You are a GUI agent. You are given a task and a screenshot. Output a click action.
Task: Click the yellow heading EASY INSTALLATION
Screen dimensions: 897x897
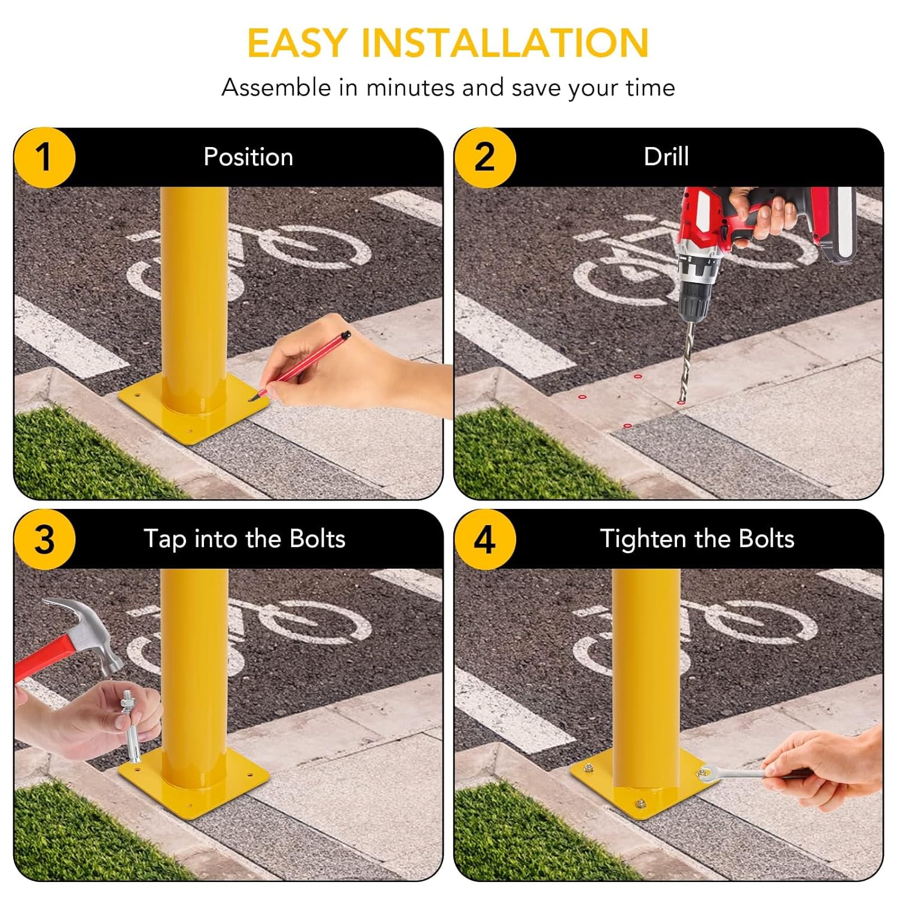tap(448, 42)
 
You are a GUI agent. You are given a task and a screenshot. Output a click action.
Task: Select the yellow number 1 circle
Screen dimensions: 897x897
tap(44, 157)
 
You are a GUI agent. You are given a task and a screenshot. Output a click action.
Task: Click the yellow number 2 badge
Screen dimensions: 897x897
tap(484, 157)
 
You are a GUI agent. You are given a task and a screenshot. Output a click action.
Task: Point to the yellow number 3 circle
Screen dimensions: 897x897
tap(44, 539)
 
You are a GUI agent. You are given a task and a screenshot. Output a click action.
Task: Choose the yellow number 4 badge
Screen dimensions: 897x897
tap(484, 539)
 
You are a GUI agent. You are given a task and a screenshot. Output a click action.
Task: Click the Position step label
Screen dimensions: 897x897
tap(248, 157)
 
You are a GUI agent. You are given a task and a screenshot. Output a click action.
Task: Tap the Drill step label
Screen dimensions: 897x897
tap(666, 157)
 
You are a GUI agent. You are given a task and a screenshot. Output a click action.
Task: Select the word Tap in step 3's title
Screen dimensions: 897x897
tap(164, 539)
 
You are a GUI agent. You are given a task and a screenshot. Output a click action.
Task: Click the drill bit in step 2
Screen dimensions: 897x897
tap(687, 359)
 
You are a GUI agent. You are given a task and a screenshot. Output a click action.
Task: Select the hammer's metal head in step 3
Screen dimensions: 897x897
tap(90, 634)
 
